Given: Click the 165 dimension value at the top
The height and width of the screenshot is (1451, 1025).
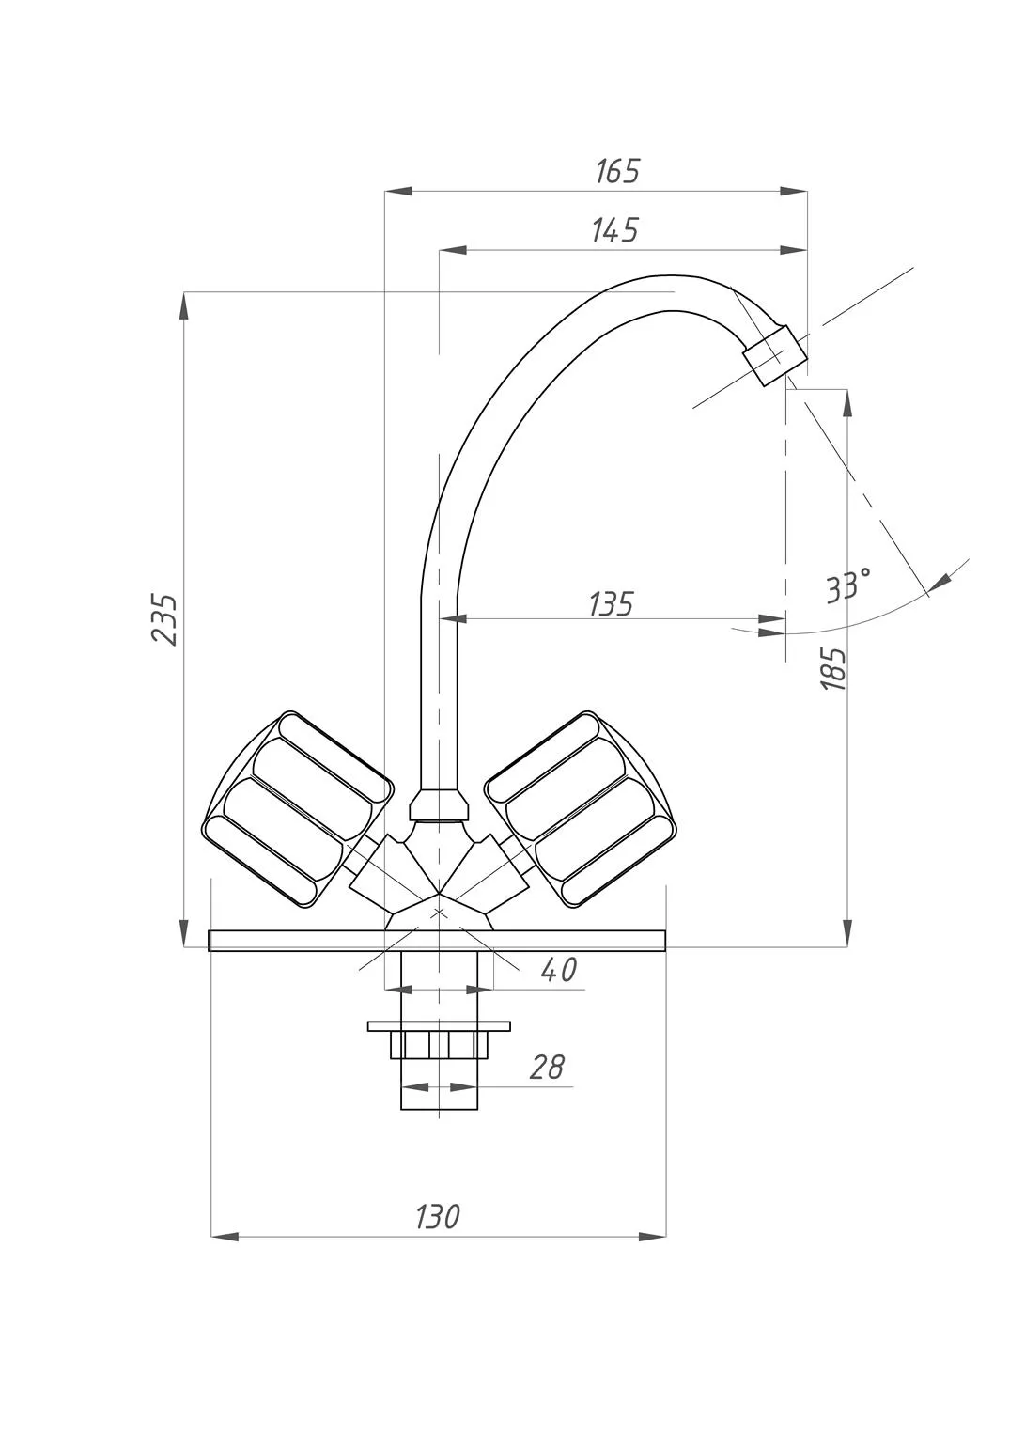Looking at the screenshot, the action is (x=617, y=171).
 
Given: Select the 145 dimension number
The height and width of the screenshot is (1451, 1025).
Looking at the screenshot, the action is (x=614, y=230).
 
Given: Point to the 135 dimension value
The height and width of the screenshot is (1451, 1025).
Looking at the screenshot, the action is (x=611, y=603).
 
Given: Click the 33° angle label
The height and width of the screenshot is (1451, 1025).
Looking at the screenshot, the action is (x=848, y=585).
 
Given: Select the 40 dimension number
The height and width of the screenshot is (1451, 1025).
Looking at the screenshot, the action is (x=558, y=969).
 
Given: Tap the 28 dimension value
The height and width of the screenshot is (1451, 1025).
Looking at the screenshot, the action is (x=547, y=1067).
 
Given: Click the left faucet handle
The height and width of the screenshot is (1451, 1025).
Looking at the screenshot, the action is (x=298, y=809).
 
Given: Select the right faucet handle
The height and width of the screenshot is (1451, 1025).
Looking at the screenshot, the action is (x=581, y=809).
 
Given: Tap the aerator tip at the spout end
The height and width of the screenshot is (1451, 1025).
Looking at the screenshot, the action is (x=775, y=355).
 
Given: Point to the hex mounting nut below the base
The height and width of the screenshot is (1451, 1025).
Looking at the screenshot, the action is (x=439, y=1045).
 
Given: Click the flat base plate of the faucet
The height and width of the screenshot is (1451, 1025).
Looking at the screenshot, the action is (x=437, y=941).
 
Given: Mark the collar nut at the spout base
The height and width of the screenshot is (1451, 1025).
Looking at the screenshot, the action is (x=439, y=804).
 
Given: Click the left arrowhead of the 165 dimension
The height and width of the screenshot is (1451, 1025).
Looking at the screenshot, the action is (x=398, y=191).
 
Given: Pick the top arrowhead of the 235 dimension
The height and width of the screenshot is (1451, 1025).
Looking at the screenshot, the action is (x=184, y=305).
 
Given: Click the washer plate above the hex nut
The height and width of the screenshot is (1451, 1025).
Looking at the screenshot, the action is (x=439, y=1026).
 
